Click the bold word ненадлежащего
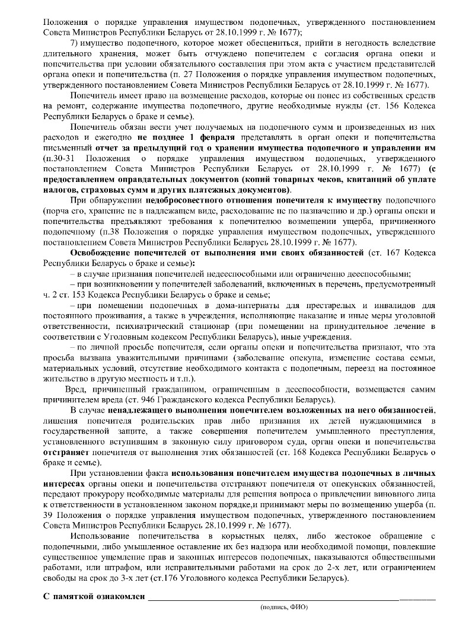pos(140,411)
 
